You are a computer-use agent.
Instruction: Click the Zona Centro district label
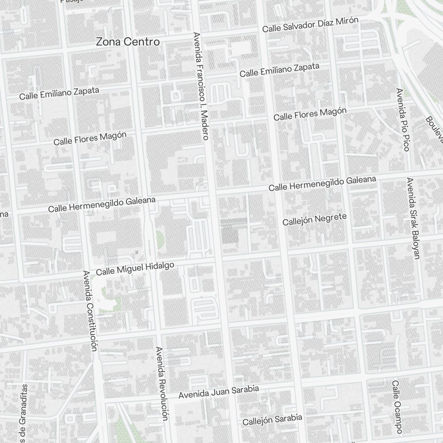(x=128, y=42)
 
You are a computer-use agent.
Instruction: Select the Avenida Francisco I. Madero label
(x=200, y=86)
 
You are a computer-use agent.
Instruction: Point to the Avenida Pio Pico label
(x=403, y=120)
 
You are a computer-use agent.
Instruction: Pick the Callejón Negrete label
(x=315, y=219)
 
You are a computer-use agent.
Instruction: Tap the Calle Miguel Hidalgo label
(x=135, y=268)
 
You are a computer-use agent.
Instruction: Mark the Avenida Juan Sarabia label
(x=218, y=392)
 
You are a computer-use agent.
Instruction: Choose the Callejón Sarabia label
(x=272, y=419)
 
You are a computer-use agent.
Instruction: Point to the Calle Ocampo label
(x=397, y=407)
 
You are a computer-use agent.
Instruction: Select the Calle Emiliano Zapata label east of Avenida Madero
(x=279, y=70)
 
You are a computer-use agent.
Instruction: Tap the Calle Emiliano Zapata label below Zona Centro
(x=59, y=93)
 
